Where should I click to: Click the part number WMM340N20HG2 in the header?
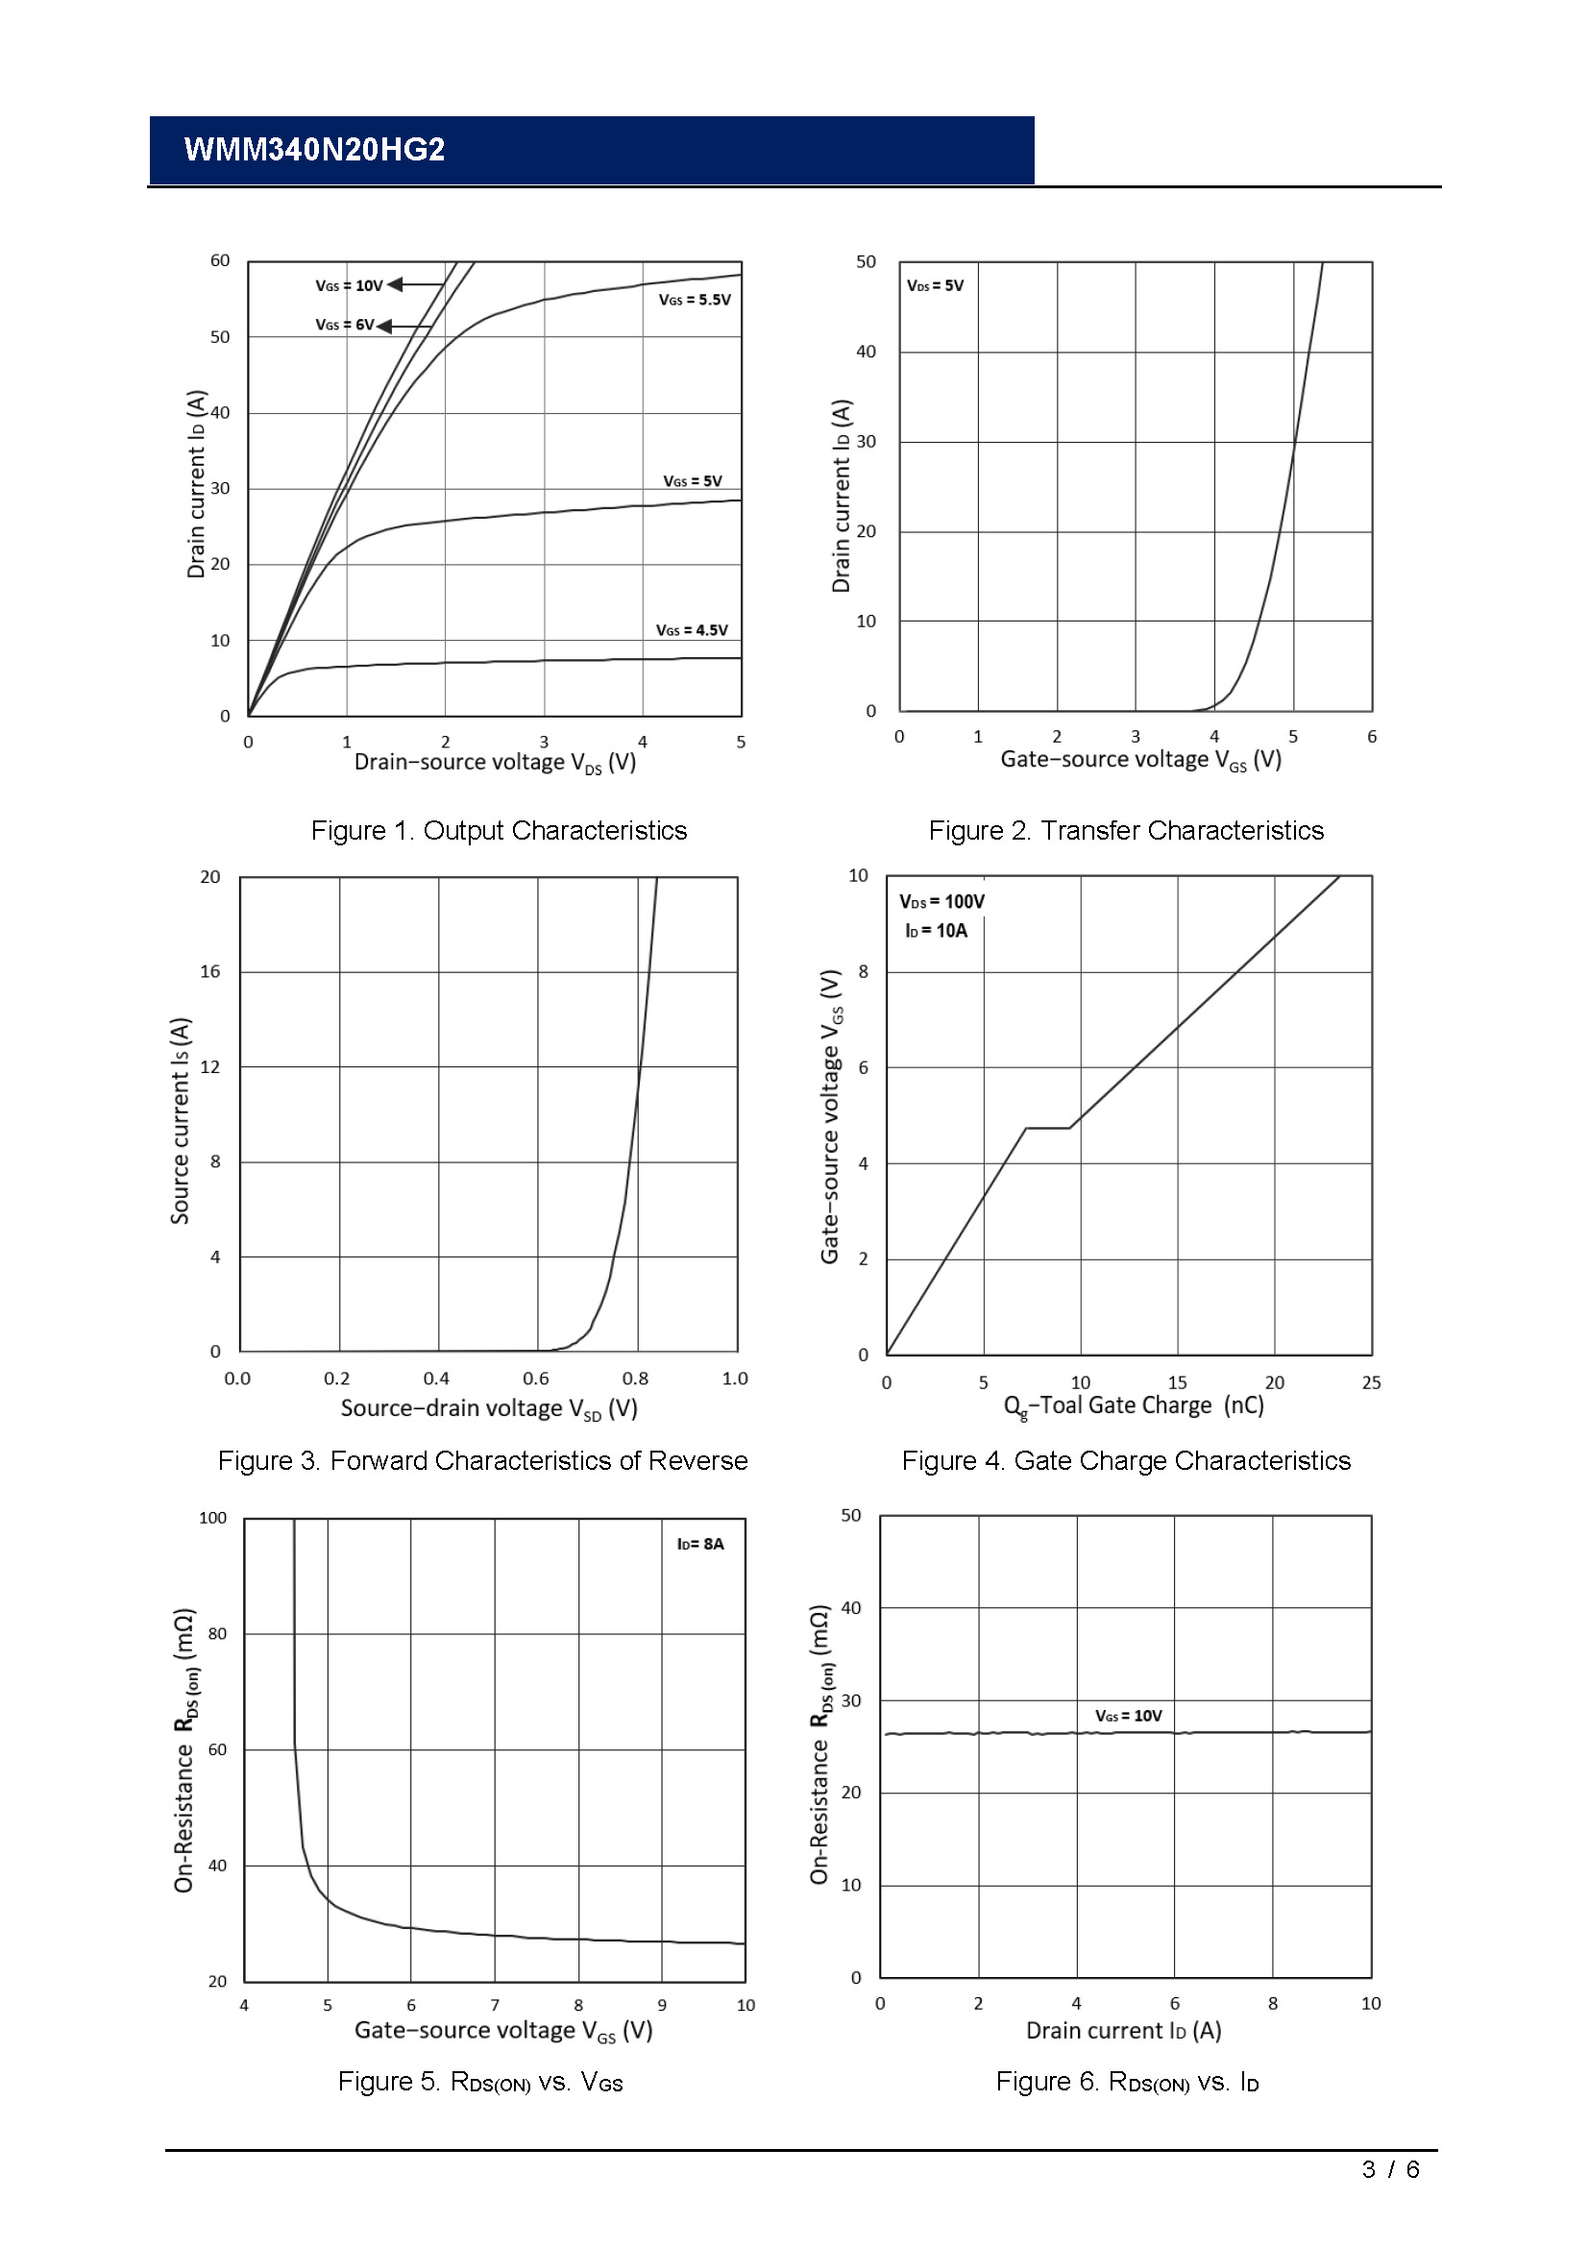(314, 150)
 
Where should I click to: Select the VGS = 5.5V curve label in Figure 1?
(694, 300)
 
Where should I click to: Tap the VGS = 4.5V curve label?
(691, 630)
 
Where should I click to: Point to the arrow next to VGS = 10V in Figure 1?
(416, 284)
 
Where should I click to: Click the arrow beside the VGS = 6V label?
(404, 326)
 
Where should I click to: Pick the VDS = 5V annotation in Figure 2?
(935, 285)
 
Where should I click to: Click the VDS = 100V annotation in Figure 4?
(941, 901)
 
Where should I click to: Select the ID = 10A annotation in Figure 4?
(936, 931)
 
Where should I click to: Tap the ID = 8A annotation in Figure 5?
(699, 1544)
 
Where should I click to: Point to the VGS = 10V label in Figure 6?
(1127, 1716)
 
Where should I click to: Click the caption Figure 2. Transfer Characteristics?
(1125, 830)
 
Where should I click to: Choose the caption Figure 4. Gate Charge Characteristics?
(1125, 1460)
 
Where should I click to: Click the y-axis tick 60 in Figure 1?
(220, 260)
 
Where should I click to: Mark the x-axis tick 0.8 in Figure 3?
(635, 1378)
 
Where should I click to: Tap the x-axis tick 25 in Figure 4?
(1371, 1381)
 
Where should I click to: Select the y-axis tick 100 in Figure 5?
(212, 1518)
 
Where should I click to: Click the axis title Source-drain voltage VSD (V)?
(488, 1408)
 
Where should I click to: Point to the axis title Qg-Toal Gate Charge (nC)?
(1133, 1405)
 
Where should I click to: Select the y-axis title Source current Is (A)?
(180, 1120)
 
